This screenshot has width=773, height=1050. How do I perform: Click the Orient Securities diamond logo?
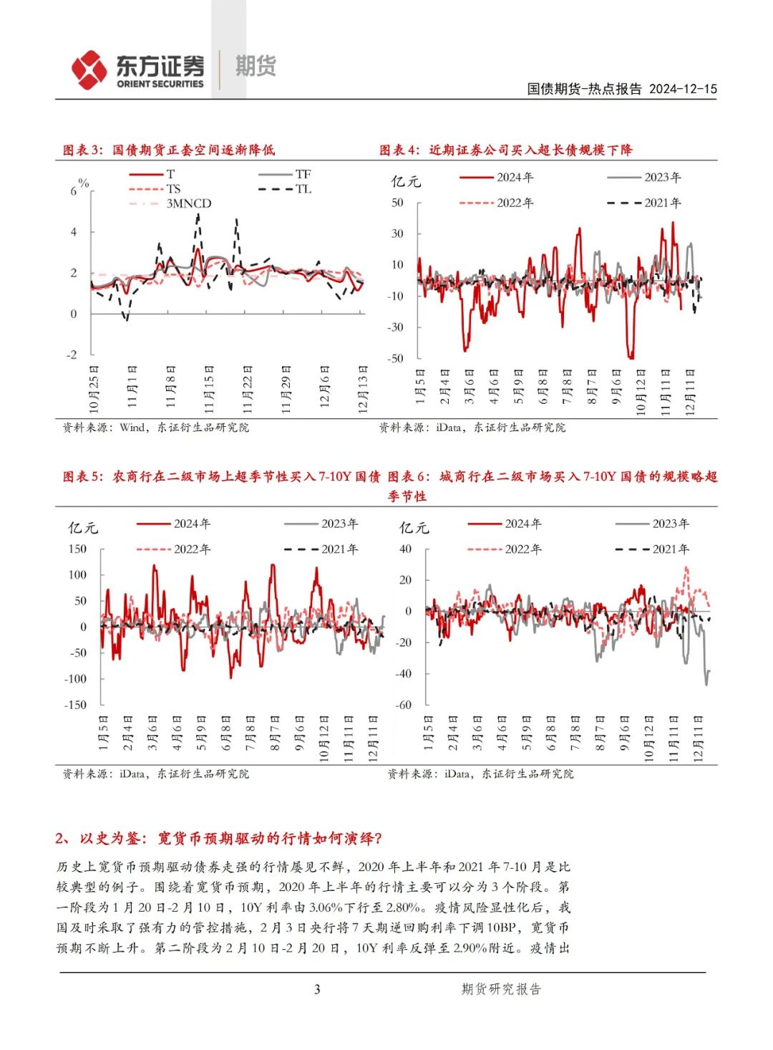(89, 69)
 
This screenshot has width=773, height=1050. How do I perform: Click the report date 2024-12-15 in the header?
(682, 89)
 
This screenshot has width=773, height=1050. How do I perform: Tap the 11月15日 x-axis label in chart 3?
(209, 390)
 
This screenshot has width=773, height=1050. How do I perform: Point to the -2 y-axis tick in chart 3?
(72, 355)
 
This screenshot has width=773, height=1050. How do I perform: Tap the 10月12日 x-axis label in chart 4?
(641, 392)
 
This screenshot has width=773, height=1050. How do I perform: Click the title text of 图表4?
(506, 150)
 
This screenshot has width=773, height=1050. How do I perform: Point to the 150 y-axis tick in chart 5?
(77, 549)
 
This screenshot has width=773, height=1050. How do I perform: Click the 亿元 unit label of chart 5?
(82, 528)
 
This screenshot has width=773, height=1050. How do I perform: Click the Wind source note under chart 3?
(156, 428)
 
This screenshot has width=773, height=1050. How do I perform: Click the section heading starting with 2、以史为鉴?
(219, 838)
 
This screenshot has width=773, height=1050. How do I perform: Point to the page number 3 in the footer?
(317, 989)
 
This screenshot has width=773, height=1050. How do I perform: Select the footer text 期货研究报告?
(501, 989)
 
